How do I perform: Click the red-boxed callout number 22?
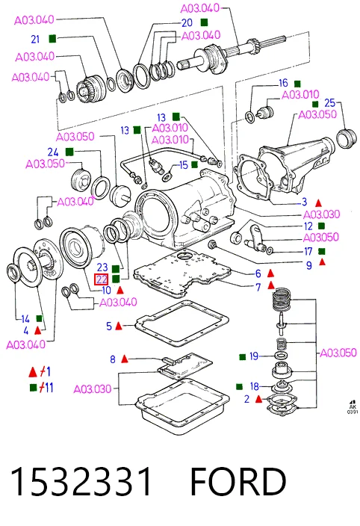102,279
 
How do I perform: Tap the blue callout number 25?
329,102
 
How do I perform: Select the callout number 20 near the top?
187,23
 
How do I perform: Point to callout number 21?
35,40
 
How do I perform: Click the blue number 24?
53,152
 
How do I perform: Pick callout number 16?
283,83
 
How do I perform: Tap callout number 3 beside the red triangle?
305,202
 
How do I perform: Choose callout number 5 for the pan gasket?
109,326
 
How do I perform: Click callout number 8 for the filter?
113,359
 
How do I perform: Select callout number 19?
254,356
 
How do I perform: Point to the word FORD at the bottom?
238,481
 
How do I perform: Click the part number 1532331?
81,481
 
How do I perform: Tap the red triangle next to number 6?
270,273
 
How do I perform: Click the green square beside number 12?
321,226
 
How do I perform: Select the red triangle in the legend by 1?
33,371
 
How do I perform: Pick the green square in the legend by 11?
33,388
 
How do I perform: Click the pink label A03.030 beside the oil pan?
92,389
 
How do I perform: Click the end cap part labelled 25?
347,138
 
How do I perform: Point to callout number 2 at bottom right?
246,399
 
